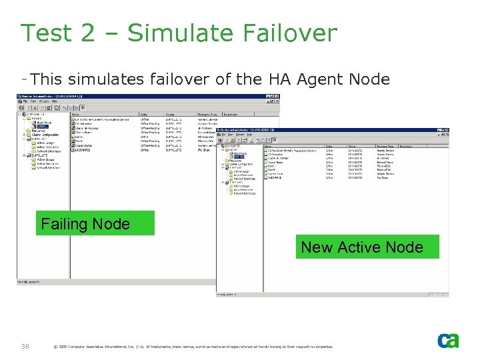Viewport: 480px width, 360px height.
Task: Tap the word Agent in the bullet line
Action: pyautogui.click(x=321, y=80)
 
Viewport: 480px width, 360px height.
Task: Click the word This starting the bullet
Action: pyautogui.click(x=46, y=80)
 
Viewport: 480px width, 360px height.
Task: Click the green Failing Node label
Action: pyautogui.click(x=94, y=223)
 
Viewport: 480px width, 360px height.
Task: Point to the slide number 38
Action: pyautogui.click(x=25, y=345)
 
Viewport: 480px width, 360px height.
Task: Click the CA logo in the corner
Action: pyautogui.click(x=447, y=340)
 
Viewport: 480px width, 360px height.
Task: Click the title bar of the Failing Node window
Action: pyautogui.click(x=133, y=97)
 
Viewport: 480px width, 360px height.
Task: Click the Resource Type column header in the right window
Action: pyautogui.click(x=385, y=146)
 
